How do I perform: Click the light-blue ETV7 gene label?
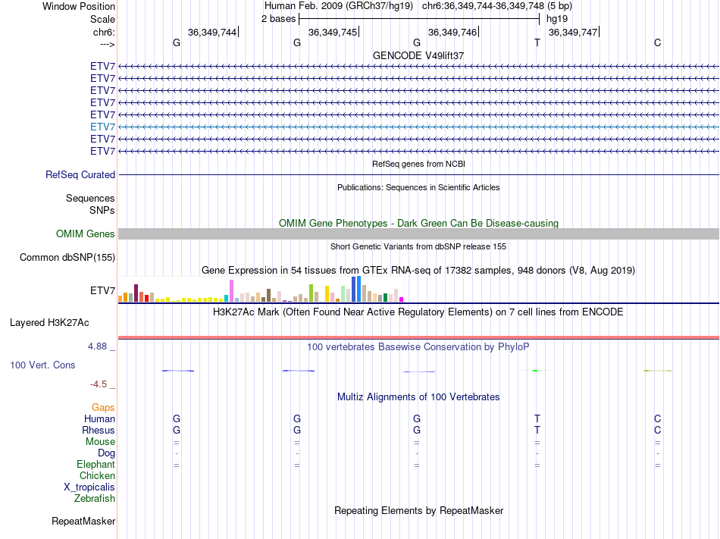coord(102,127)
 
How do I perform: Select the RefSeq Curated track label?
coord(80,174)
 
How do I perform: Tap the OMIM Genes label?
coord(86,234)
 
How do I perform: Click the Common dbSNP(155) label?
coord(67,257)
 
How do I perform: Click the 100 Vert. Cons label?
coord(42,365)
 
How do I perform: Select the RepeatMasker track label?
coord(83,521)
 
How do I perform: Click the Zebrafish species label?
coord(95,498)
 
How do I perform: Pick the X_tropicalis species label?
coord(89,487)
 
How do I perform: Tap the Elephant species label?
coord(95,464)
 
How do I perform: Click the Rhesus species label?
coord(99,430)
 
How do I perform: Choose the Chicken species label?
coord(97,475)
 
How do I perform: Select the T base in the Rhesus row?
coord(537,430)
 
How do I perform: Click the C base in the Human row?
coord(657,418)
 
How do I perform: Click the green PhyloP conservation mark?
coord(535,370)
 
